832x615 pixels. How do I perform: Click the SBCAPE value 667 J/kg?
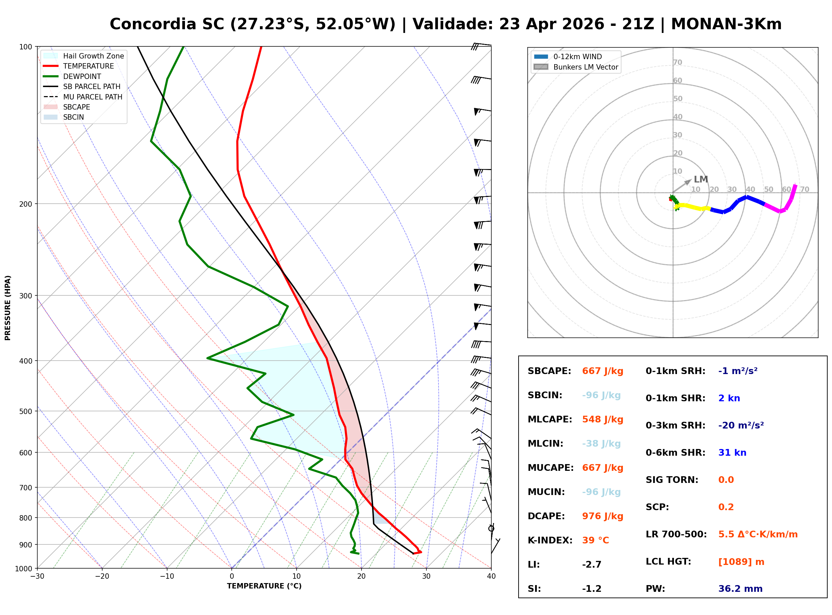pos(602,371)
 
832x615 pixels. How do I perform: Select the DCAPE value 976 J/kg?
pos(602,516)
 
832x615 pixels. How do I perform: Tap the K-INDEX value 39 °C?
pos(595,540)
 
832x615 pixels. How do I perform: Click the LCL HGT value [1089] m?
pos(741,562)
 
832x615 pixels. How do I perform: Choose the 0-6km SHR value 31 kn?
pos(732,453)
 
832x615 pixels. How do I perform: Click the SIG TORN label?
pos(672,480)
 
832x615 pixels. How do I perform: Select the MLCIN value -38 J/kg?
pos(601,444)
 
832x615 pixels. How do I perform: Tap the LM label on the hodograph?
pos(701,179)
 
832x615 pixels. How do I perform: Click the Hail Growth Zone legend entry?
pos(93,56)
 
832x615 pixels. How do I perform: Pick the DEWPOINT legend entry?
pos(82,76)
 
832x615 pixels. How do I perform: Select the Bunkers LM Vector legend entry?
pos(585,67)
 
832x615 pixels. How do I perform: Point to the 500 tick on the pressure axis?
pos(26,411)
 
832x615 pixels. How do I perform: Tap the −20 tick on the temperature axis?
pos(102,576)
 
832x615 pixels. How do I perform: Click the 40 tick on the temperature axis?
pos(491,576)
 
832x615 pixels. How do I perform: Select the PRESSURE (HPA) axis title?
pos(8,307)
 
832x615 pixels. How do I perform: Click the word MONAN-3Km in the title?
pos(726,24)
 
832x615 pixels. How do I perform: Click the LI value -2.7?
pos(592,565)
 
